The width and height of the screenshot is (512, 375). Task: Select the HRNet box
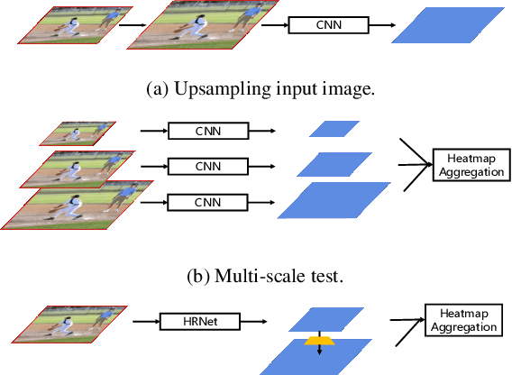click(x=197, y=320)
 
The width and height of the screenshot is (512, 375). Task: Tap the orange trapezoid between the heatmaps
click(x=316, y=340)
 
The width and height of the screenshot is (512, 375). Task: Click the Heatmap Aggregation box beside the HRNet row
click(x=461, y=318)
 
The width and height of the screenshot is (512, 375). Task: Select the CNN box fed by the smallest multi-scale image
click(x=209, y=133)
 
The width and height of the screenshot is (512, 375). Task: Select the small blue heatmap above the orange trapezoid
click(x=315, y=320)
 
